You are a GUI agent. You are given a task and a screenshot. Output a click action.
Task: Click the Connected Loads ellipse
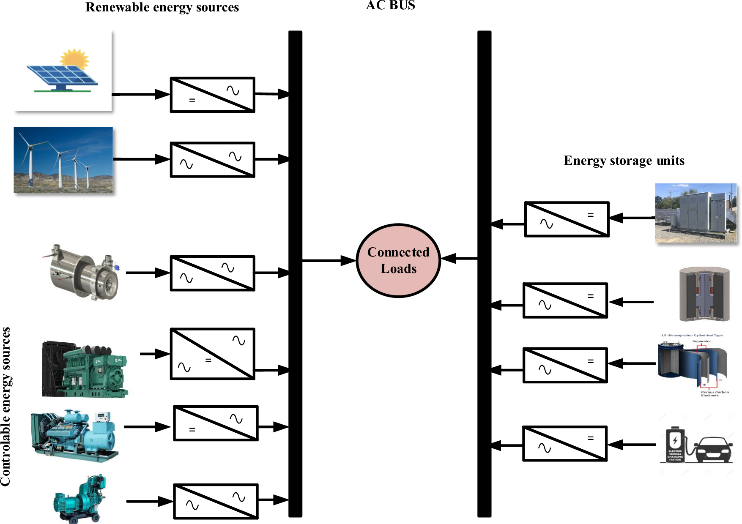398,260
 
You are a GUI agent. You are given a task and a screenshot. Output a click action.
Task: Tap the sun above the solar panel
75,58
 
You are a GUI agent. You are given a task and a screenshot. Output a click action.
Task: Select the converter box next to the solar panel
212,95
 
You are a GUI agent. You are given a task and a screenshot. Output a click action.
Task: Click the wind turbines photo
63,160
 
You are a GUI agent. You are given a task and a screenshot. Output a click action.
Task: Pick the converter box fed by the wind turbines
212,160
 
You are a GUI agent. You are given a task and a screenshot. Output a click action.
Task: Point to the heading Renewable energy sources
162,8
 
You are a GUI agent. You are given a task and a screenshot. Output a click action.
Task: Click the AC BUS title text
390,5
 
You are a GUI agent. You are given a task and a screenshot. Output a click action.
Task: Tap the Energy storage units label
624,161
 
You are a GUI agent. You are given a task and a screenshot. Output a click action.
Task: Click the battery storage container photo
695,213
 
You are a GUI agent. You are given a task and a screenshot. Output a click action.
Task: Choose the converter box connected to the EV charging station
565,443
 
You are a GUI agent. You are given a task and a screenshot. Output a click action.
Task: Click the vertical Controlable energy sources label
6,406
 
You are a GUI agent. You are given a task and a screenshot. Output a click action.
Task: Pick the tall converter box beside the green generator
212,354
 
